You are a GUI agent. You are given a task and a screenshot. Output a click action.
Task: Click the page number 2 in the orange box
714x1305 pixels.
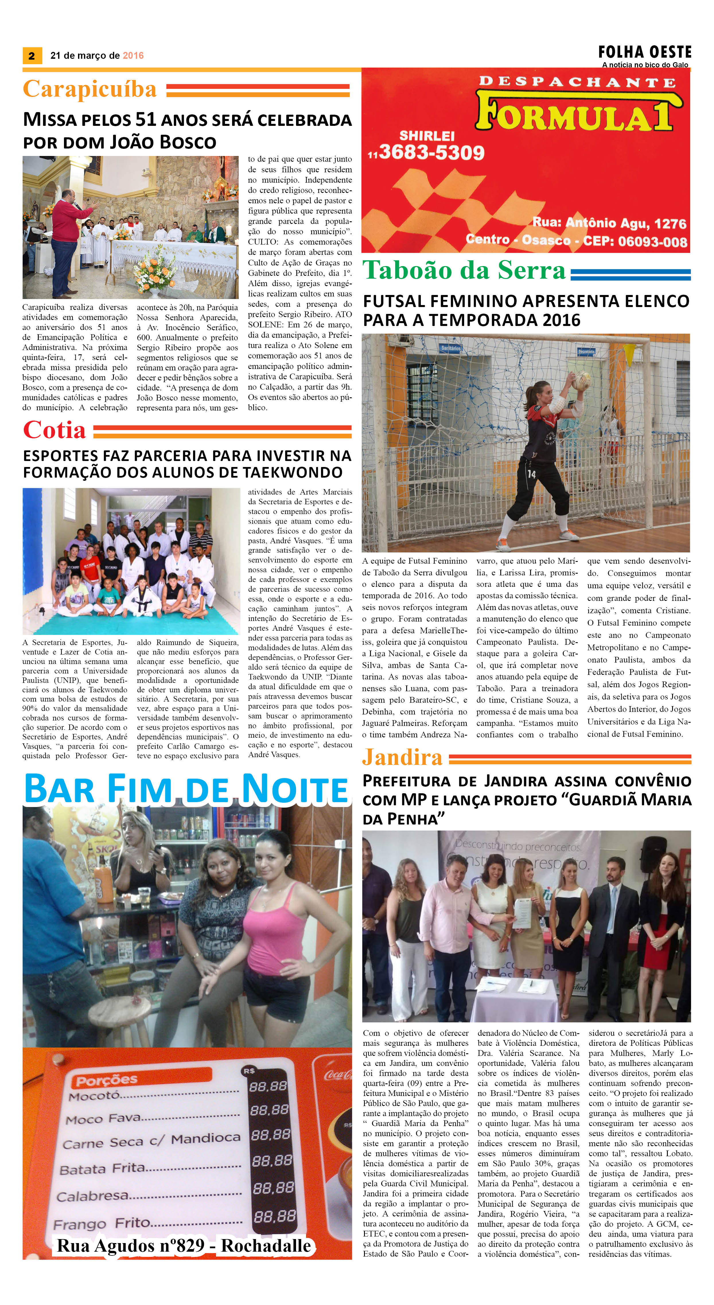[x=32, y=56]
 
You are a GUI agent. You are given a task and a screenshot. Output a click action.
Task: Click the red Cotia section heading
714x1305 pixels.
[x=54, y=431]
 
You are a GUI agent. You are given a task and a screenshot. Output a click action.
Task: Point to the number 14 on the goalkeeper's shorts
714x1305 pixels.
[x=531, y=474]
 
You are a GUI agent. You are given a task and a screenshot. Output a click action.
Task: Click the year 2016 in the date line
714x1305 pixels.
[x=133, y=56]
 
